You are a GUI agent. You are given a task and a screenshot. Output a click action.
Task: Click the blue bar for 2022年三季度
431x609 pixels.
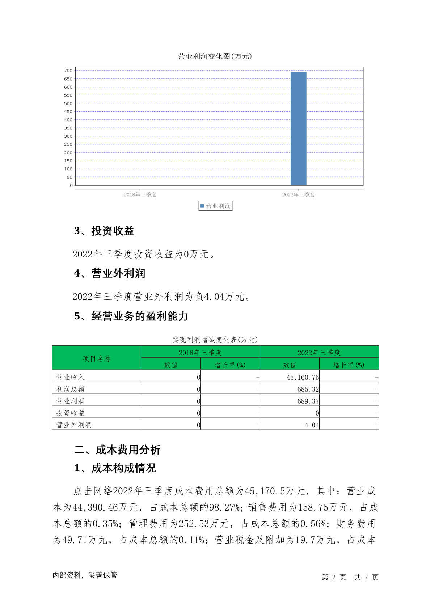point(298,129)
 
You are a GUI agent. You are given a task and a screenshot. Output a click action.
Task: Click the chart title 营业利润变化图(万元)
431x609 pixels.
point(215,56)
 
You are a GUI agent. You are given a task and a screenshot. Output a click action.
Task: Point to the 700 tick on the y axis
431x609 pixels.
point(68,71)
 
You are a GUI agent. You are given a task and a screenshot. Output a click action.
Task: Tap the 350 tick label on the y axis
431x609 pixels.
point(68,128)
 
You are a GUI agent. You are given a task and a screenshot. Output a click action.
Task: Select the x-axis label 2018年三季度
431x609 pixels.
point(140,195)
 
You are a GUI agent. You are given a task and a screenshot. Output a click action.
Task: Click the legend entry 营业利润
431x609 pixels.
point(216,206)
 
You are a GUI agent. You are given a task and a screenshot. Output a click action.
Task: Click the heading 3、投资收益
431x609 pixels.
point(104,231)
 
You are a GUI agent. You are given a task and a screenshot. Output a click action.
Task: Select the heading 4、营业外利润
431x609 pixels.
point(110,274)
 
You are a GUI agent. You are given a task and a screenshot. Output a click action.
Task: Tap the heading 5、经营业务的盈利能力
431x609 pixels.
point(131,316)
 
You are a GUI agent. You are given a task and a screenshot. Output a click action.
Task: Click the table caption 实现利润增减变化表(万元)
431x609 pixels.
point(215,340)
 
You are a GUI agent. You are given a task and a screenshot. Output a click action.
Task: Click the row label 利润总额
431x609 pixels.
point(71,389)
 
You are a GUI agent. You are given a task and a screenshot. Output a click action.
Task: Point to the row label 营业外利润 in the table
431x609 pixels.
point(74,425)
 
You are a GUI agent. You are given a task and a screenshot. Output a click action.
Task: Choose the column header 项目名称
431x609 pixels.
point(97,359)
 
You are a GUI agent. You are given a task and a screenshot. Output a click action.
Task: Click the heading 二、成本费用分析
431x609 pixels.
point(117,450)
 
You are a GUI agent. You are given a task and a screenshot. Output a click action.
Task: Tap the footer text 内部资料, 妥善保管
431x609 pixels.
point(85,575)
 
